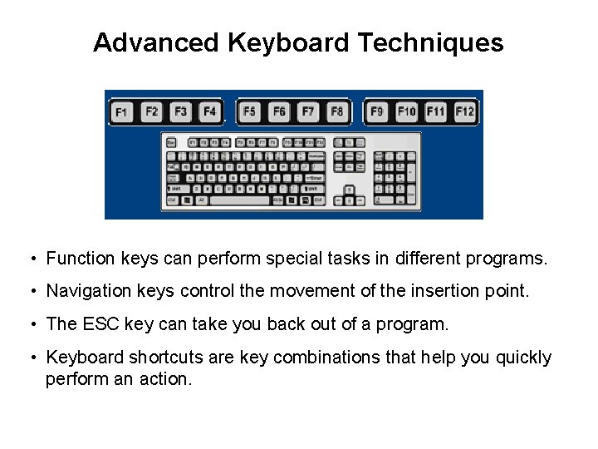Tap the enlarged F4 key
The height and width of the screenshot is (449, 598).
coord(209,111)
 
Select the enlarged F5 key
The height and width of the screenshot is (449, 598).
coord(250,111)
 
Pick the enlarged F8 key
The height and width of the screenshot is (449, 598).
coord(336,111)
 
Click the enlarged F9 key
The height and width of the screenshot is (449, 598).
coord(378,111)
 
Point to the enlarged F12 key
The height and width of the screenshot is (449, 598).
coord(464,111)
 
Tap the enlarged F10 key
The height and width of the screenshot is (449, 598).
coord(406,111)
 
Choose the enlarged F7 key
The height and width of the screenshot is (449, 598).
coord(308,111)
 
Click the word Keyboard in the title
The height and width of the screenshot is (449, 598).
coord(286,43)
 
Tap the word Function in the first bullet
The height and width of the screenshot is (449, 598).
coord(80,259)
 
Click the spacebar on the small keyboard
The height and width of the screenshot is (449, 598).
coord(240,200)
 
